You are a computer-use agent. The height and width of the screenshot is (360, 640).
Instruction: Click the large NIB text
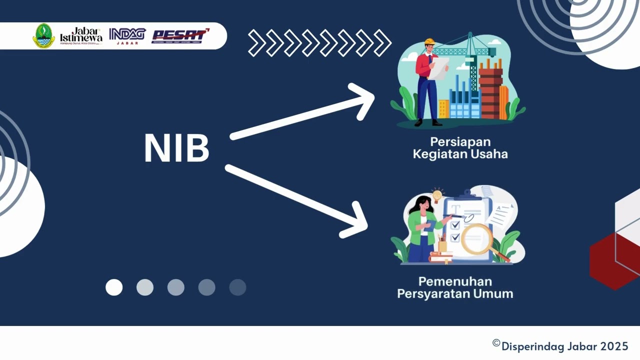(x=176, y=148)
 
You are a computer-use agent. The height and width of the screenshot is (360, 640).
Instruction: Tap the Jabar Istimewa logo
(x=81, y=35)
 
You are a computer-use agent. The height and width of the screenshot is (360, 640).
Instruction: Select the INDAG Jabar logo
(x=127, y=35)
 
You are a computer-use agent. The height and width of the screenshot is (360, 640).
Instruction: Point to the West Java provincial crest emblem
(x=43, y=36)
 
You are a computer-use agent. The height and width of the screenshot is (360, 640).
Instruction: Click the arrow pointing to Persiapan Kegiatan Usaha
(x=303, y=111)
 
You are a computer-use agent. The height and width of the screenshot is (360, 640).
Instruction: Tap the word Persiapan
(x=460, y=142)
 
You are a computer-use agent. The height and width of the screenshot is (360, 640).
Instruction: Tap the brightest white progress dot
(x=114, y=287)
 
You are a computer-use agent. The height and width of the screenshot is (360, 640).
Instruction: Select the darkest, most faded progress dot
(x=237, y=287)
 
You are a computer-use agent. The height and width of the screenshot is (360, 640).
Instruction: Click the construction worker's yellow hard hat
(x=429, y=42)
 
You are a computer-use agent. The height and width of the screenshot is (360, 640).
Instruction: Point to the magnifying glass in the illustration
(x=477, y=239)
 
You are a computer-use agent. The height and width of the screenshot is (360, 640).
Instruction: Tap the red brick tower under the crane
(x=490, y=92)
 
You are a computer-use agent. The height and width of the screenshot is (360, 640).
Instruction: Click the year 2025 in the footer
(x=614, y=346)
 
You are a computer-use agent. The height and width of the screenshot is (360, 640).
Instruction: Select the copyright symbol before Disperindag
(x=496, y=343)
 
